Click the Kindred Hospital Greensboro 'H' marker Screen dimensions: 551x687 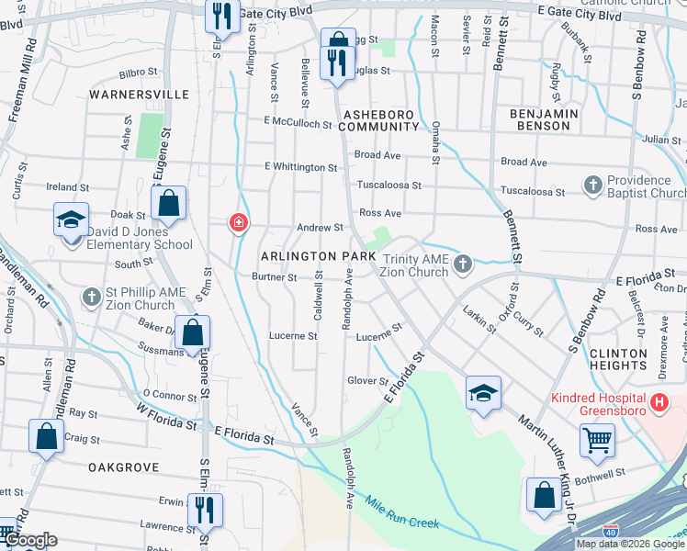coord(659,402)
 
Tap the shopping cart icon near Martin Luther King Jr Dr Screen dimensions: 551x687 coord(597,440)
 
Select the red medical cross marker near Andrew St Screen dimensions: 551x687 coord(238,222)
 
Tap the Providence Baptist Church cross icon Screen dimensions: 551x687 coord(592,186)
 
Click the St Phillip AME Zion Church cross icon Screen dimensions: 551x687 coord(91,297)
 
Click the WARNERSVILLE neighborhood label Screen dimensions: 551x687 coord(139,95)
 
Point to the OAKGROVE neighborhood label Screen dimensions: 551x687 coord(124,467)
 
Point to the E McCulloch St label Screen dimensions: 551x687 coord(297,122)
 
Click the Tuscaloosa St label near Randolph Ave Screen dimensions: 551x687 coord(389,185)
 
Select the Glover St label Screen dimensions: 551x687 coord(368,380)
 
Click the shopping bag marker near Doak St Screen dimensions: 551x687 coord(169,203)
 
